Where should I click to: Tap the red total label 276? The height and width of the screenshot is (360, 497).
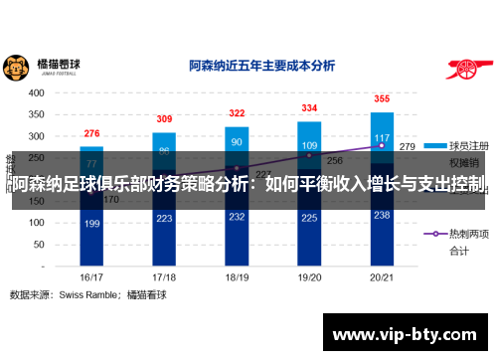(91, 133)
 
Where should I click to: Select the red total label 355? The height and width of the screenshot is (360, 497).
(382, 99)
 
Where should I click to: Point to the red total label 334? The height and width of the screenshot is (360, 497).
(309, 108)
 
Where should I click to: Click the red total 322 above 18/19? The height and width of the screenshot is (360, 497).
(237, 113)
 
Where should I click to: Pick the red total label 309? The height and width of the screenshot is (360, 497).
(164, 119)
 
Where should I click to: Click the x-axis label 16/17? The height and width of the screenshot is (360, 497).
(91, 277)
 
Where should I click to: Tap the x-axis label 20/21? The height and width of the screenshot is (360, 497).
(382, 277)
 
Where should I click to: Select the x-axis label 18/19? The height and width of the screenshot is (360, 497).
(237, 277)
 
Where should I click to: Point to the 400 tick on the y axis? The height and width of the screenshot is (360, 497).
(36, 91)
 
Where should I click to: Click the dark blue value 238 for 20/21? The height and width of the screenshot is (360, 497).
(382, 215)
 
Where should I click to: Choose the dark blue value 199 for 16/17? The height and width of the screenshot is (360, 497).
(91, 224)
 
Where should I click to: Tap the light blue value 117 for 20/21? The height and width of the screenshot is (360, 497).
(382, 138)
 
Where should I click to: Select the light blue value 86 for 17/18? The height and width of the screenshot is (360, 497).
(164, 151)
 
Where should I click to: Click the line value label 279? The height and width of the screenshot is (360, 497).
(408, 146)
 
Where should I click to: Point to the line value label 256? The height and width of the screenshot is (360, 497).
(334, 160)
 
